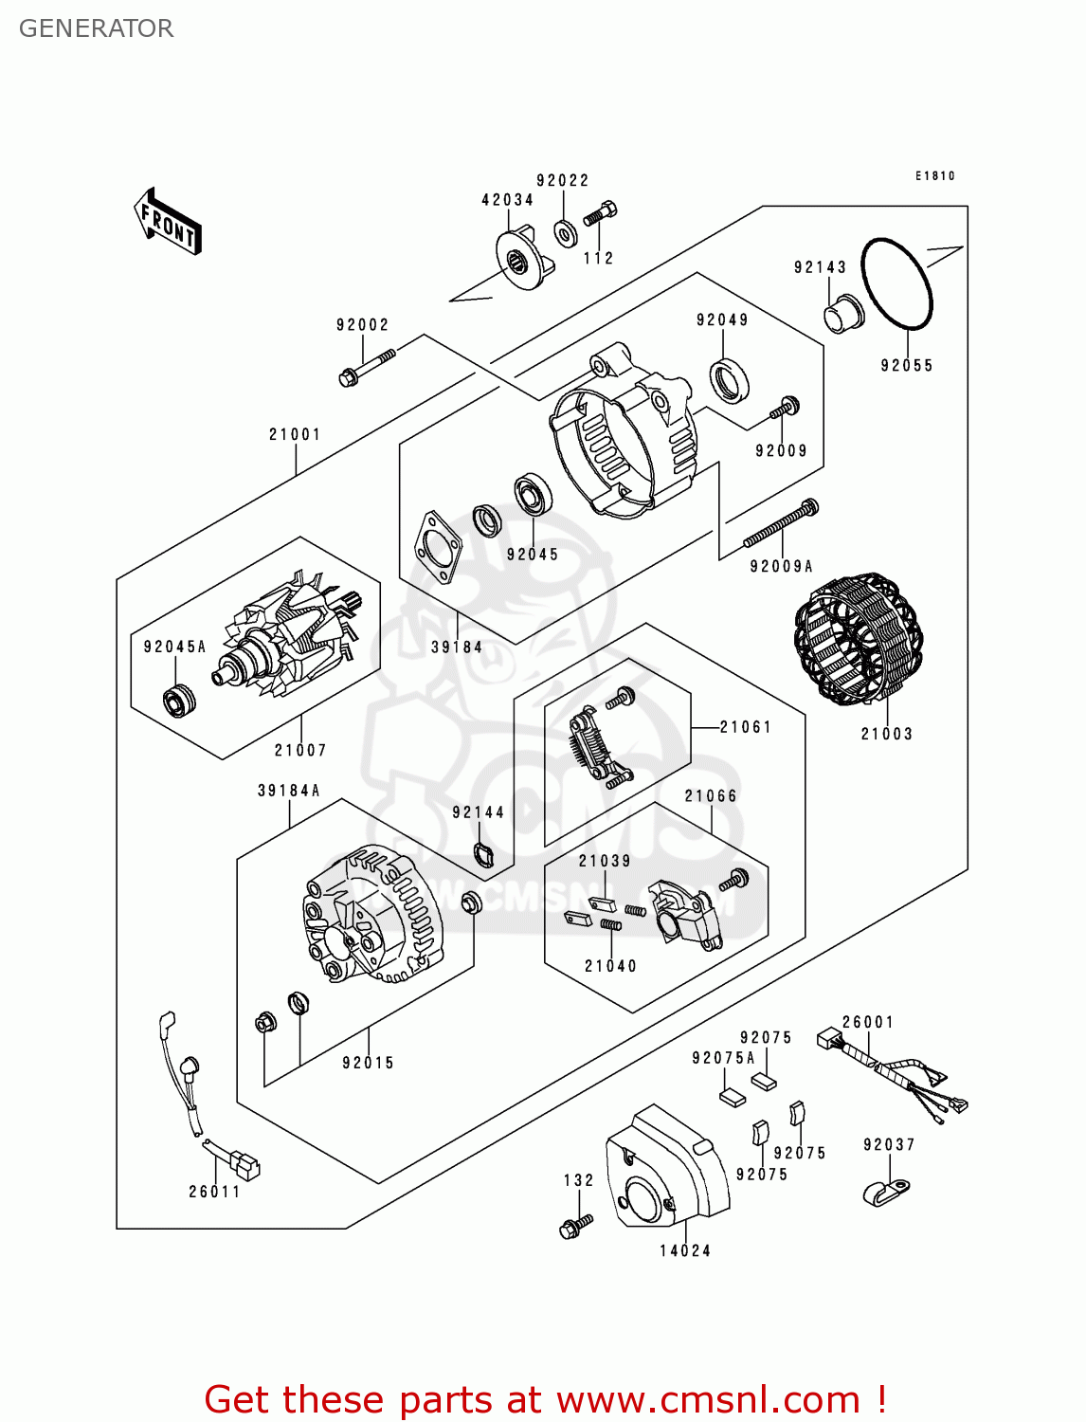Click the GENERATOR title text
pos(96,28)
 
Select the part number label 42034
pos(507,200)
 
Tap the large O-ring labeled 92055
pos(896,284)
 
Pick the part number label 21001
pos(295,434)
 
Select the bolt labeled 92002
pos(367,368)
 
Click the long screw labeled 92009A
pos(781,524)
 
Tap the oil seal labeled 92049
pos(730,380)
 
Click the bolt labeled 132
pos(575,1226)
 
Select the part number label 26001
pos(868,1022)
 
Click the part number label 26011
pos(214,1192)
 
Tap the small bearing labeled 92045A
pos(178,701)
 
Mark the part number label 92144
pos(478,812)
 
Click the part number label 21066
pos(711,796)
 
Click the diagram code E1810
pos(934,176)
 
